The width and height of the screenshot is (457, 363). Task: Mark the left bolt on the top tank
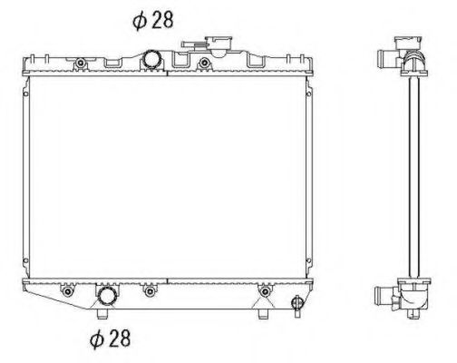coord(81,63)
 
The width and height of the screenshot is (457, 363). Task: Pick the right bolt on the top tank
coord(204,63)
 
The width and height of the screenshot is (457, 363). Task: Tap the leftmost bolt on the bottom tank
coord(66,291)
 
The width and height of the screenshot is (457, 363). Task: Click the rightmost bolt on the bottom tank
coord(265,291)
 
